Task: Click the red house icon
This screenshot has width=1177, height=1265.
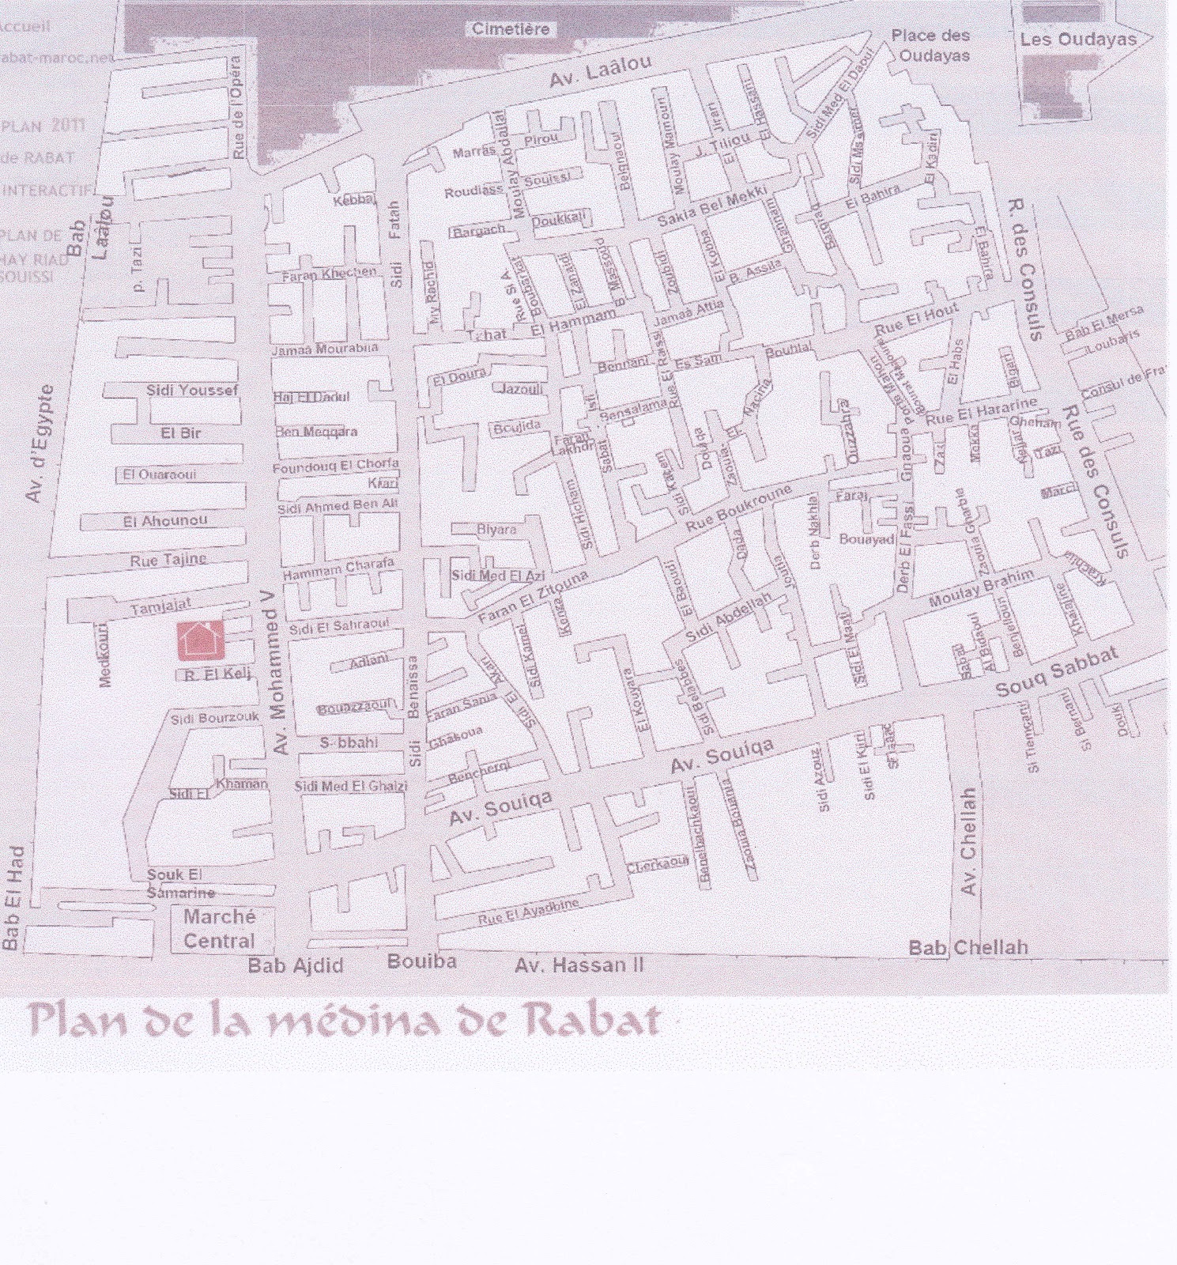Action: (x=200, y=640)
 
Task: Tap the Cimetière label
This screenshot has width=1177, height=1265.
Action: (x=510, y=29)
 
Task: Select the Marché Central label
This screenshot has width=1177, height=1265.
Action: (x=219, y=929)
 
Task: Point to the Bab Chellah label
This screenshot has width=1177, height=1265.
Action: (x=968, y=947)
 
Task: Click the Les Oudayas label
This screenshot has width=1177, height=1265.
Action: (x=1077, y=40)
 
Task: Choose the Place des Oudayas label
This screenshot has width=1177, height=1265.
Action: (x=930, y=45)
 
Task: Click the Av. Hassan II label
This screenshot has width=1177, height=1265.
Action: (x=579, y=965)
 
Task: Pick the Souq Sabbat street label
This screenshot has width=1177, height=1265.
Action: (x=1056, y=673)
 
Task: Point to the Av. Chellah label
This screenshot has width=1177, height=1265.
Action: (x=968, y=841)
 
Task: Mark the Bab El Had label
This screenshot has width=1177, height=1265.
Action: (x=13, y=897)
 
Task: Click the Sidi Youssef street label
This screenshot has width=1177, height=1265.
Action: (x=191, y=390)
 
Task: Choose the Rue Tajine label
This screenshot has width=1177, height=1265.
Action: (x=168, y=560)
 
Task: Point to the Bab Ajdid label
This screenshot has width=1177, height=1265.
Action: (x=296, y=965)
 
